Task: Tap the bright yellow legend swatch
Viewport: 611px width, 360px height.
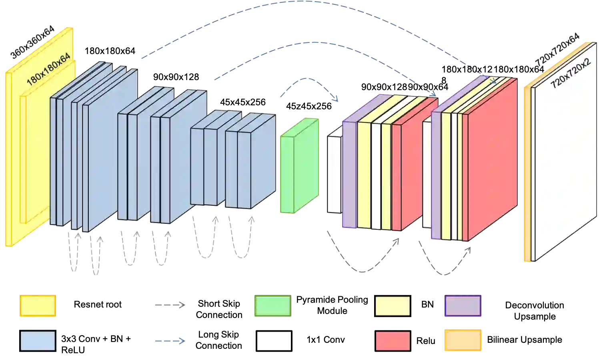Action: pos(38,306)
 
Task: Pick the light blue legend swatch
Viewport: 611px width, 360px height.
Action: pos(38,341)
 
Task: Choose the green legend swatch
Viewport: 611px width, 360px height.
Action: pos(272,306)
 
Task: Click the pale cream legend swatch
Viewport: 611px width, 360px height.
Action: pos(393,306)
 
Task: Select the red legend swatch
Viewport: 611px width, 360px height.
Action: pos(393,341)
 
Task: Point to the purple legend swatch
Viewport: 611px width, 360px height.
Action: pos(463,306)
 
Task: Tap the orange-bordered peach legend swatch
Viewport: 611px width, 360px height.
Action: pos(463,340)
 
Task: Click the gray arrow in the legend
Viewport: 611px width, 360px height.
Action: pos(169,306)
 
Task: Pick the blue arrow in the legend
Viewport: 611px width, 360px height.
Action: pos(169,341)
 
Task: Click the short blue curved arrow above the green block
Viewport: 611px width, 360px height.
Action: pos(308,82)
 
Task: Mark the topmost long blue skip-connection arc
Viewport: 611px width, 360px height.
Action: pos(304,3)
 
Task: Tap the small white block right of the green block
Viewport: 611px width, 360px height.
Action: pos(334,172)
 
